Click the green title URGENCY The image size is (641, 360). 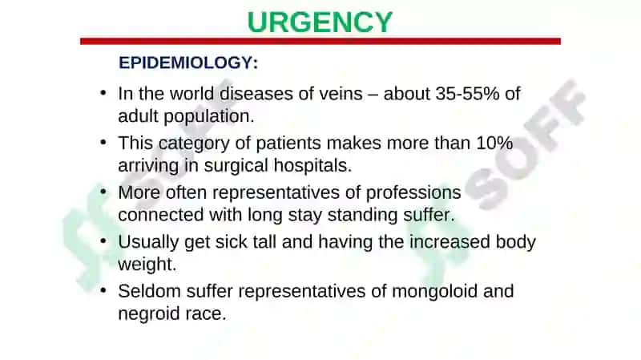click(x=320, y=22)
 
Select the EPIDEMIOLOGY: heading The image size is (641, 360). click(x=188, y=63)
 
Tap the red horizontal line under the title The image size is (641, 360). click(x=320, y=42)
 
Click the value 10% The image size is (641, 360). click(x=494, y=144)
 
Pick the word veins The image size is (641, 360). click(x=341, y=94)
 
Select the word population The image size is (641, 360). click(x=209, y=117)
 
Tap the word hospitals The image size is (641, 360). click(x=312, y=166)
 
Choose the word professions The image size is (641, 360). click(x=413, y=193)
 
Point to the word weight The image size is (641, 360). click(x=147, y=265)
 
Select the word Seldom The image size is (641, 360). click(x=149, y=291)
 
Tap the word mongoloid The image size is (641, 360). click(x=434, y=292)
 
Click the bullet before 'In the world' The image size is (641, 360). click(x=103, y=92)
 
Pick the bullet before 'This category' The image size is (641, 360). click(x=103, y=142)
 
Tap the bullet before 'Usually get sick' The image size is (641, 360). click(x=103, y=241)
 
